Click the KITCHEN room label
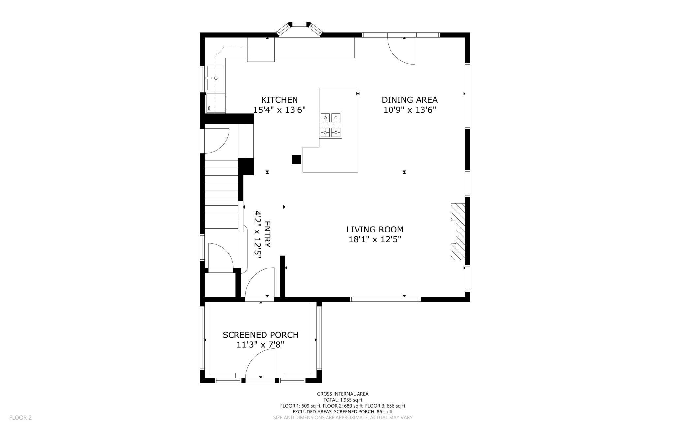279,100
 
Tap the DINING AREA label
410,100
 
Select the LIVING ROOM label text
375,229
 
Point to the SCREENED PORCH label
261,335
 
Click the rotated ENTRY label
267,234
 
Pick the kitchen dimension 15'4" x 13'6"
280,110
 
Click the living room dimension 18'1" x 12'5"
375,239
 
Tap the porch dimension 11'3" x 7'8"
261,345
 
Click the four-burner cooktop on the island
330,125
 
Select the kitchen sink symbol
216,78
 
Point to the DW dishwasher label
209,108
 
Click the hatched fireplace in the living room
458,232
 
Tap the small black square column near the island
296,160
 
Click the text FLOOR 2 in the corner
20,418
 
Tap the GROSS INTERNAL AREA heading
343,394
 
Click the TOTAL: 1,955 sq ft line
343,400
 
